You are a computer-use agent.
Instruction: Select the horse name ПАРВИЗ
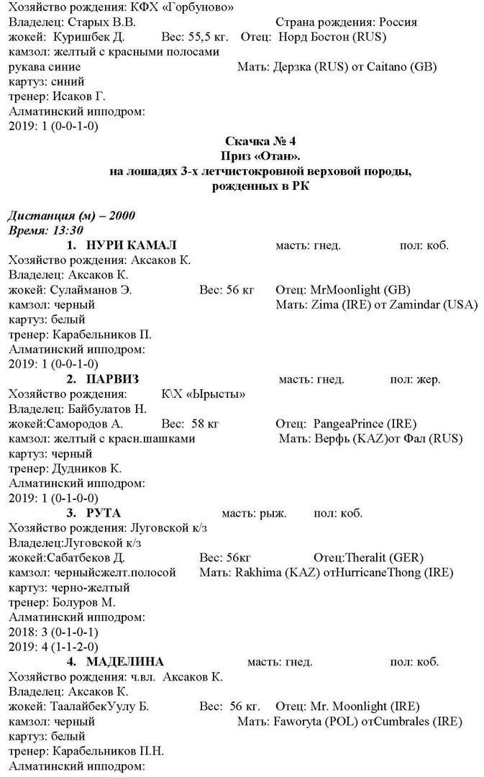[112, 379]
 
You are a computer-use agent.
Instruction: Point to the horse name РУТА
[104, 513]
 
